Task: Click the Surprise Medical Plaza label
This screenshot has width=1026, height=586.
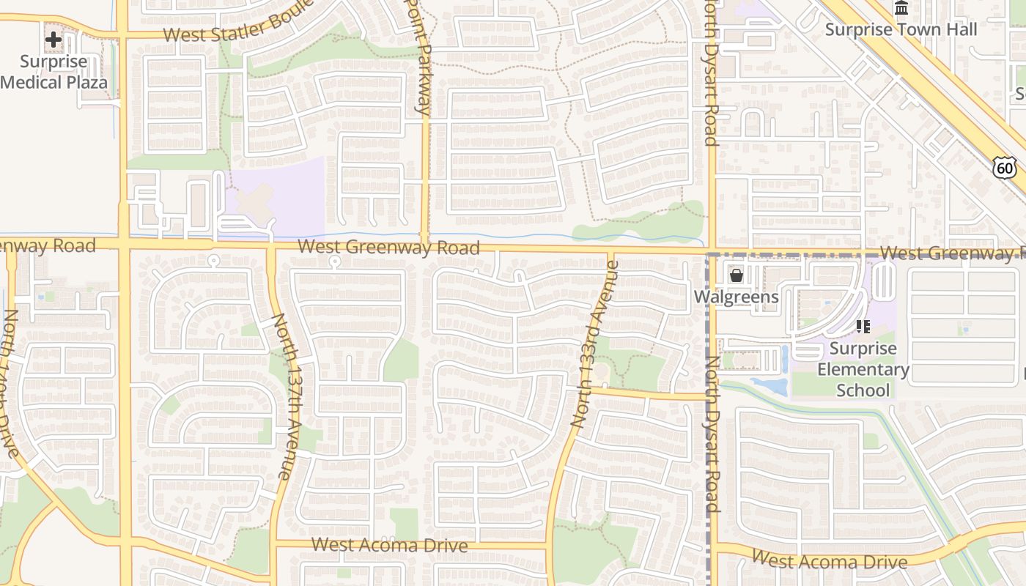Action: [54, 72]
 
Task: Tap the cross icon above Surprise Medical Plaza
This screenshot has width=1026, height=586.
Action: [53, 40]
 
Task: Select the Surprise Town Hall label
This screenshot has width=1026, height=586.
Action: [901, 29]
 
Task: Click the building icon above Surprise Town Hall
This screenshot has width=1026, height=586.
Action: [901, 8]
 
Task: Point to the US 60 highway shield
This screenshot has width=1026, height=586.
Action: [1005, 168]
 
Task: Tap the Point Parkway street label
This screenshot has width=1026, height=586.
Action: [420, 57]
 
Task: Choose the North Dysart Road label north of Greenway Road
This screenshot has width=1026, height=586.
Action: [709, 73]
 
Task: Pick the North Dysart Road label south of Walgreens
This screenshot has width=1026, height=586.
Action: [711, 434]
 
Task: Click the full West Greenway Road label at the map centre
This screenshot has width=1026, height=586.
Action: [389, 248]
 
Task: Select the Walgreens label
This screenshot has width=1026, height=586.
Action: [737, 297]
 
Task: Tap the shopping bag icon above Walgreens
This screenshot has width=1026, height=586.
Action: [737, 275]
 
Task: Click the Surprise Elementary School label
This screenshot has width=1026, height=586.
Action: [863, 369]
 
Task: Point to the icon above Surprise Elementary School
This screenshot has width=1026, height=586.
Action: [863, 327]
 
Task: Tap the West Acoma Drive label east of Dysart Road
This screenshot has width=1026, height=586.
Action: [830, 561]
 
